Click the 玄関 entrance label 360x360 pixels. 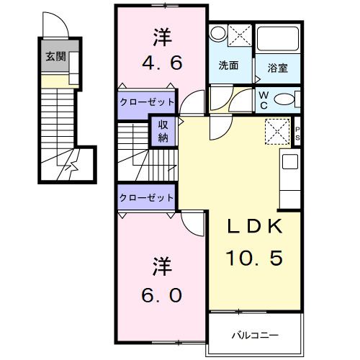[56, 57]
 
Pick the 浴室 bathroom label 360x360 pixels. [279, 67]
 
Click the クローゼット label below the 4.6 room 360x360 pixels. [147, 102]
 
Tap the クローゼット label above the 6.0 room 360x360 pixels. [147, 197]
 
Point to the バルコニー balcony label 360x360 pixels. [254, 335]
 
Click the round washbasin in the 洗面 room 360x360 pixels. [217, 32]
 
